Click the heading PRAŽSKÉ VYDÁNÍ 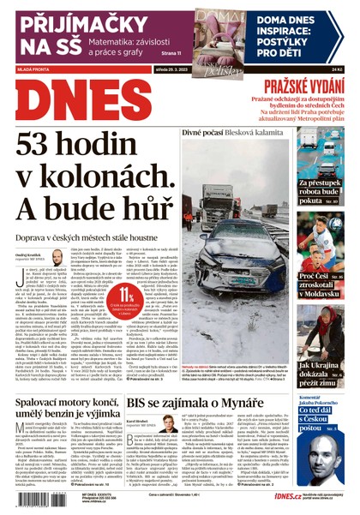(304, 85)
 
